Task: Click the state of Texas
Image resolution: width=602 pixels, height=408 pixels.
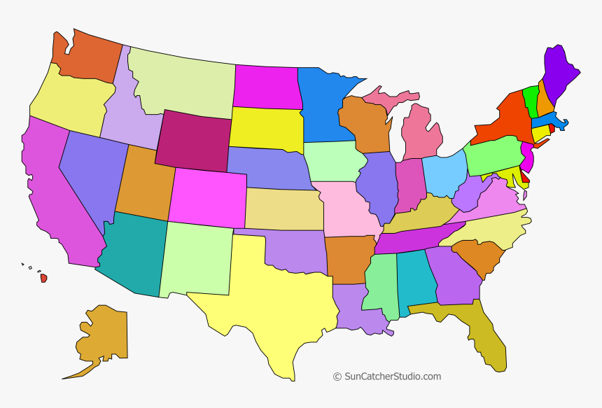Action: pos(280,301)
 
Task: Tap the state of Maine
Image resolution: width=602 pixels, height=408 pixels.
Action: pos(560,73)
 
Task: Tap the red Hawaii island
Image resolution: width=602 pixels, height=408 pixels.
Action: pos(43,278)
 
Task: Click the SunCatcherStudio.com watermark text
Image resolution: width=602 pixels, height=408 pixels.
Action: pos(386,377)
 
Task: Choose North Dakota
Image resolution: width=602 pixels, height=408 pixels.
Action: pos(266,87)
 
